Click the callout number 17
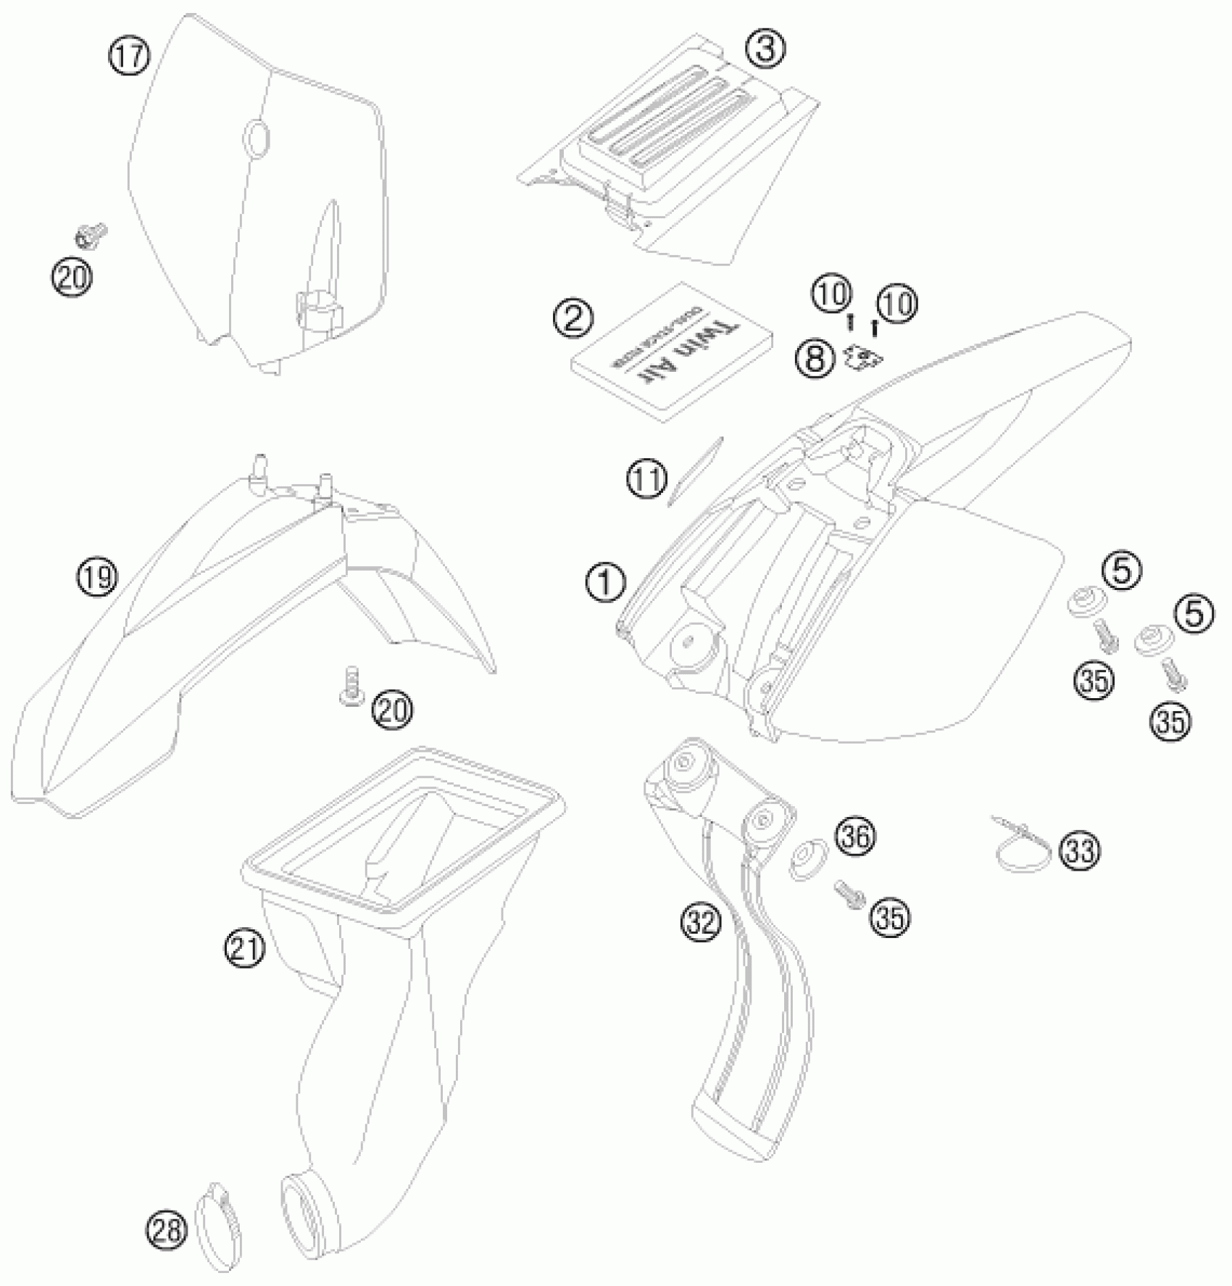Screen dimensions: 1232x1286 129,56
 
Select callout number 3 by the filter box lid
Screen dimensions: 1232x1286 765,49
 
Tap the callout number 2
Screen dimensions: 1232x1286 573,318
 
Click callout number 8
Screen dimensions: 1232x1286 815,357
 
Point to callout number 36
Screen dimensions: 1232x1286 855,837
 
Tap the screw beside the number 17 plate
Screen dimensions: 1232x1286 91,235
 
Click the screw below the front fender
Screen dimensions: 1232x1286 352,686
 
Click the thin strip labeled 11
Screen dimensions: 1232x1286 696,470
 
